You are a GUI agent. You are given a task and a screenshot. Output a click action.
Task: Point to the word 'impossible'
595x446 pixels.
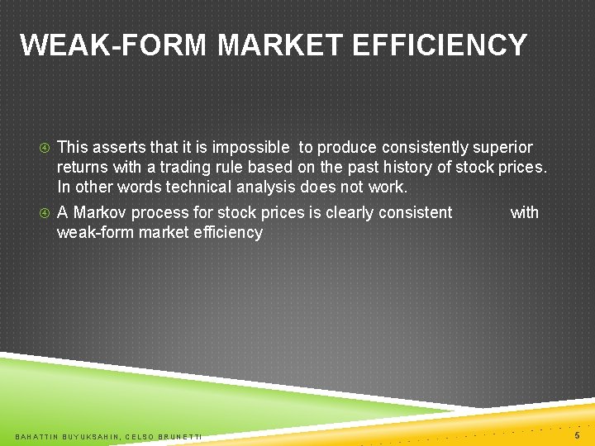251,147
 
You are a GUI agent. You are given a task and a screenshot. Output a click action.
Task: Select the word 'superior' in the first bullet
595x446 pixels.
502,147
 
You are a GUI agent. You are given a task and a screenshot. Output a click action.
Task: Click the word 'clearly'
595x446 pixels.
345,212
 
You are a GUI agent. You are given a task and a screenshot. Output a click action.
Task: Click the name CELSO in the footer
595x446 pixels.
140,435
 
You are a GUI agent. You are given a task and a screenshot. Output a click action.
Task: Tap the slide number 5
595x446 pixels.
577,434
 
